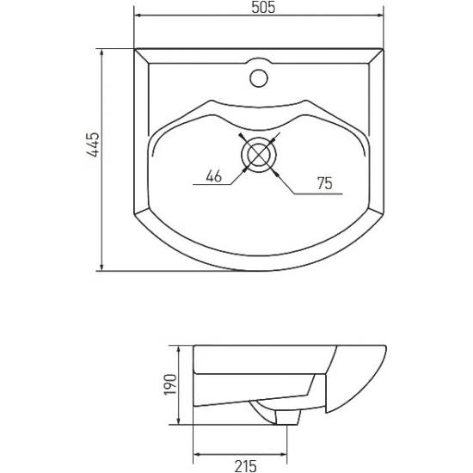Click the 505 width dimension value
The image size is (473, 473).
[x=263, y=8]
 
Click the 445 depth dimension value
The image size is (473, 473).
[x=93, y=144]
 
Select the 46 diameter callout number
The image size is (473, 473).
[x=214, y=175]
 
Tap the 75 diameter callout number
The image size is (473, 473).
[x=325, y=183]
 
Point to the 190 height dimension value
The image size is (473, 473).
[x=169, y=384]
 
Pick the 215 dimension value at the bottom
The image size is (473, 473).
[x=246, y=466]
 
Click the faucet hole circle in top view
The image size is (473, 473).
[x=259, y=78]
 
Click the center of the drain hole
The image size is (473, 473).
[x=259, y=154]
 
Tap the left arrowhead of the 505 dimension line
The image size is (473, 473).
[x=138, y=15]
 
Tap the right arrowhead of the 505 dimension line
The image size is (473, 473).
[x=379, y=15]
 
